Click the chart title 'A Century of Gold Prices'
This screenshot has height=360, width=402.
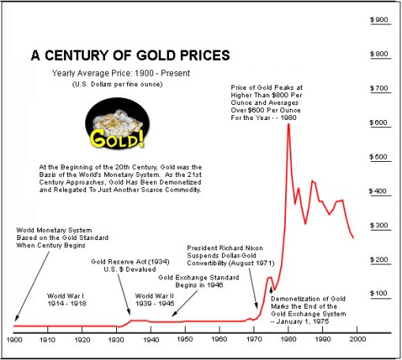click(130, 56)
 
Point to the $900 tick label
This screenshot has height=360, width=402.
click(378, 20)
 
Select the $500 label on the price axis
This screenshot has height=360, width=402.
click(378, 157)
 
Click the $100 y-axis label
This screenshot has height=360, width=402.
click(378, 294)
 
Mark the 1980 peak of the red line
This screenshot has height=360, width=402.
click(288, 125)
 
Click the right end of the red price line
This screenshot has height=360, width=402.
click(353, 238)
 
